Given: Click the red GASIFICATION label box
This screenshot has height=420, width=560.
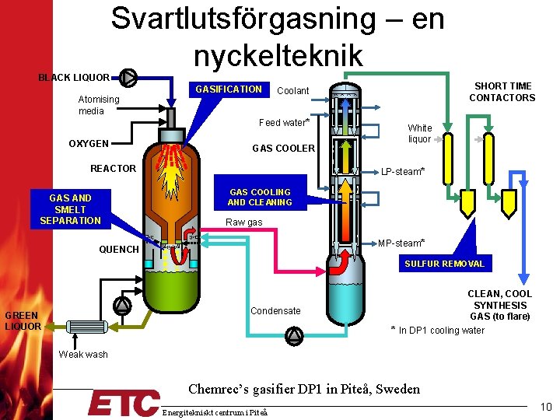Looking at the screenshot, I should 229,89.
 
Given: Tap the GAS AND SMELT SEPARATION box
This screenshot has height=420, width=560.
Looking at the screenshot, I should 71,209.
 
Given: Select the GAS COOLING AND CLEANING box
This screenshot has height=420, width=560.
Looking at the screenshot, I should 260,197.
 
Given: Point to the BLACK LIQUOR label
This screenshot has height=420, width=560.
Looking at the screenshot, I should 74,78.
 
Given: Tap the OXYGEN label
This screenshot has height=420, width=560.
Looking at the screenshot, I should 89,144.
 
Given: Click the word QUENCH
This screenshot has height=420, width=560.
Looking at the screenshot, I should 119,250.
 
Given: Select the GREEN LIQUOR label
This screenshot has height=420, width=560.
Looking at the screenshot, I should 23,320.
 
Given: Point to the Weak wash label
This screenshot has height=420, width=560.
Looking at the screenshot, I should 83,355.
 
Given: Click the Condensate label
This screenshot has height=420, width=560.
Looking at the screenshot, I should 275,311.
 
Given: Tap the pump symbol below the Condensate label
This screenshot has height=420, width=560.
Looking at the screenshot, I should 294,334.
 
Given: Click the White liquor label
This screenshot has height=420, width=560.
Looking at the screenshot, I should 420,133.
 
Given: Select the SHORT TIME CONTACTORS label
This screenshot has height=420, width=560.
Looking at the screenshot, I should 502,92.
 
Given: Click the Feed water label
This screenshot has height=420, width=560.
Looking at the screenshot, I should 284,123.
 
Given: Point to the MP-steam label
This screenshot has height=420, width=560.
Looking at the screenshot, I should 401,243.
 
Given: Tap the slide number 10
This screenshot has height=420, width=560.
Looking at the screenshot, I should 544,407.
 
